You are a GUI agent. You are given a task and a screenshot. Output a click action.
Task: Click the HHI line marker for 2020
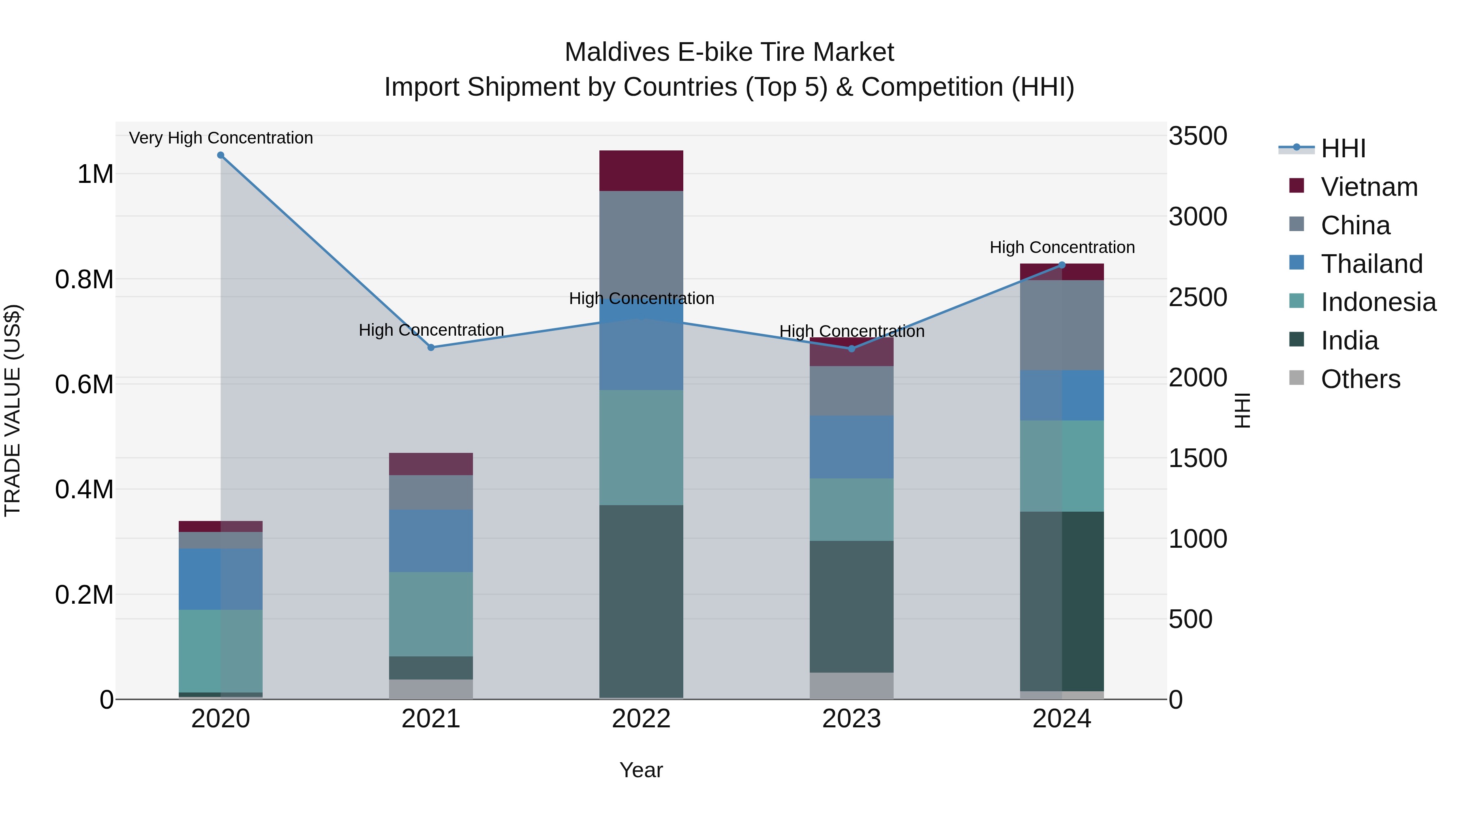[221, 155]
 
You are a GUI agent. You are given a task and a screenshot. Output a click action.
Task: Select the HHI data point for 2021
[431, 347]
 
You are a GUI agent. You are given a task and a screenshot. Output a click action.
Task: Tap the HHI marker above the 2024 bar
[1062, 265]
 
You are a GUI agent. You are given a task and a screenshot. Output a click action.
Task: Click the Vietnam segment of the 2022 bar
[641, 171]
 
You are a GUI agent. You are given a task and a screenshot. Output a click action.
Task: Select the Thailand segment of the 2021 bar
[431, 540]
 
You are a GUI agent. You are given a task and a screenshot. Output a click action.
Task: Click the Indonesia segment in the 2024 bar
[1062, 466]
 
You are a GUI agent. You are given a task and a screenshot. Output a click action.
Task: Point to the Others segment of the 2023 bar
[851, 686]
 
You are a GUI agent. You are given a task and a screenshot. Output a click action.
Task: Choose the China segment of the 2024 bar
[1062, 325]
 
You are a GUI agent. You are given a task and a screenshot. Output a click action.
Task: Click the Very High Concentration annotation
[221, 138]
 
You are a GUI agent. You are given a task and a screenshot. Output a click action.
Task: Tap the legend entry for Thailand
[1371, 264]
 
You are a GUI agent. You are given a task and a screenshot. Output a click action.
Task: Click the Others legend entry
[1360, 379]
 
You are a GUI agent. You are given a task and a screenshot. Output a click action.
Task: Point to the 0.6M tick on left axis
[84, 385]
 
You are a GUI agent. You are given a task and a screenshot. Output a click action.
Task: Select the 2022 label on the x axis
[641, 719]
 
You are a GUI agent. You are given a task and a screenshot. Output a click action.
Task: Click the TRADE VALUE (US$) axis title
[13, 410]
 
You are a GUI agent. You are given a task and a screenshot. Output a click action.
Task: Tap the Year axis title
[641, 770]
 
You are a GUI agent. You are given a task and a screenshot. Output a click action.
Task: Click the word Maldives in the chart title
[617, 52]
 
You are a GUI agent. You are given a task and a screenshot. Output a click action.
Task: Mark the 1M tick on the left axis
[95, 174]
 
